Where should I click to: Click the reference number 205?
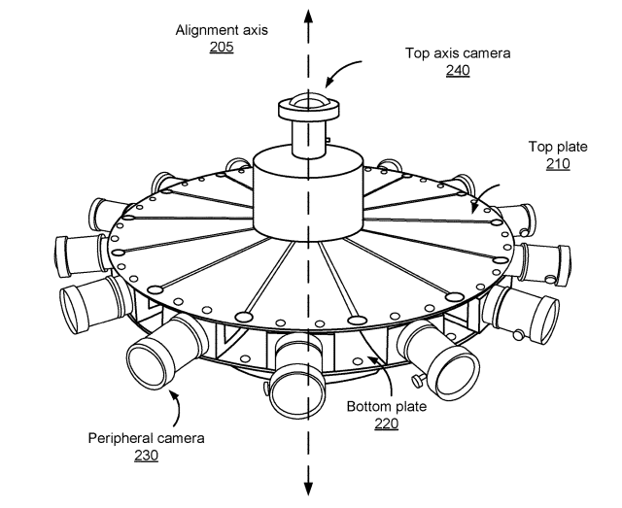point(222,48)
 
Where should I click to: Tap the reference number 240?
point(458,70)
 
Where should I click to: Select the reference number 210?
point(558,164)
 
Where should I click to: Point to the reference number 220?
point(387,423)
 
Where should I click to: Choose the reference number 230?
point(146,456)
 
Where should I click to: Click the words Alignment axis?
point(222,30)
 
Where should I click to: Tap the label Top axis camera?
point(458,53)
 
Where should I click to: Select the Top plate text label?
point(558,147)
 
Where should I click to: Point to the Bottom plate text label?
point(387,406)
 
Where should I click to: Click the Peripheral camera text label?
point(146,438)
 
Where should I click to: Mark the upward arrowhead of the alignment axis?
point(308,17)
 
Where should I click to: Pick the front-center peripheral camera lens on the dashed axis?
point(297,391)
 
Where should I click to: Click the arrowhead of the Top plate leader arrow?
point(474,208)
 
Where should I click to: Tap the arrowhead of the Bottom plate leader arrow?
point(371,358)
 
